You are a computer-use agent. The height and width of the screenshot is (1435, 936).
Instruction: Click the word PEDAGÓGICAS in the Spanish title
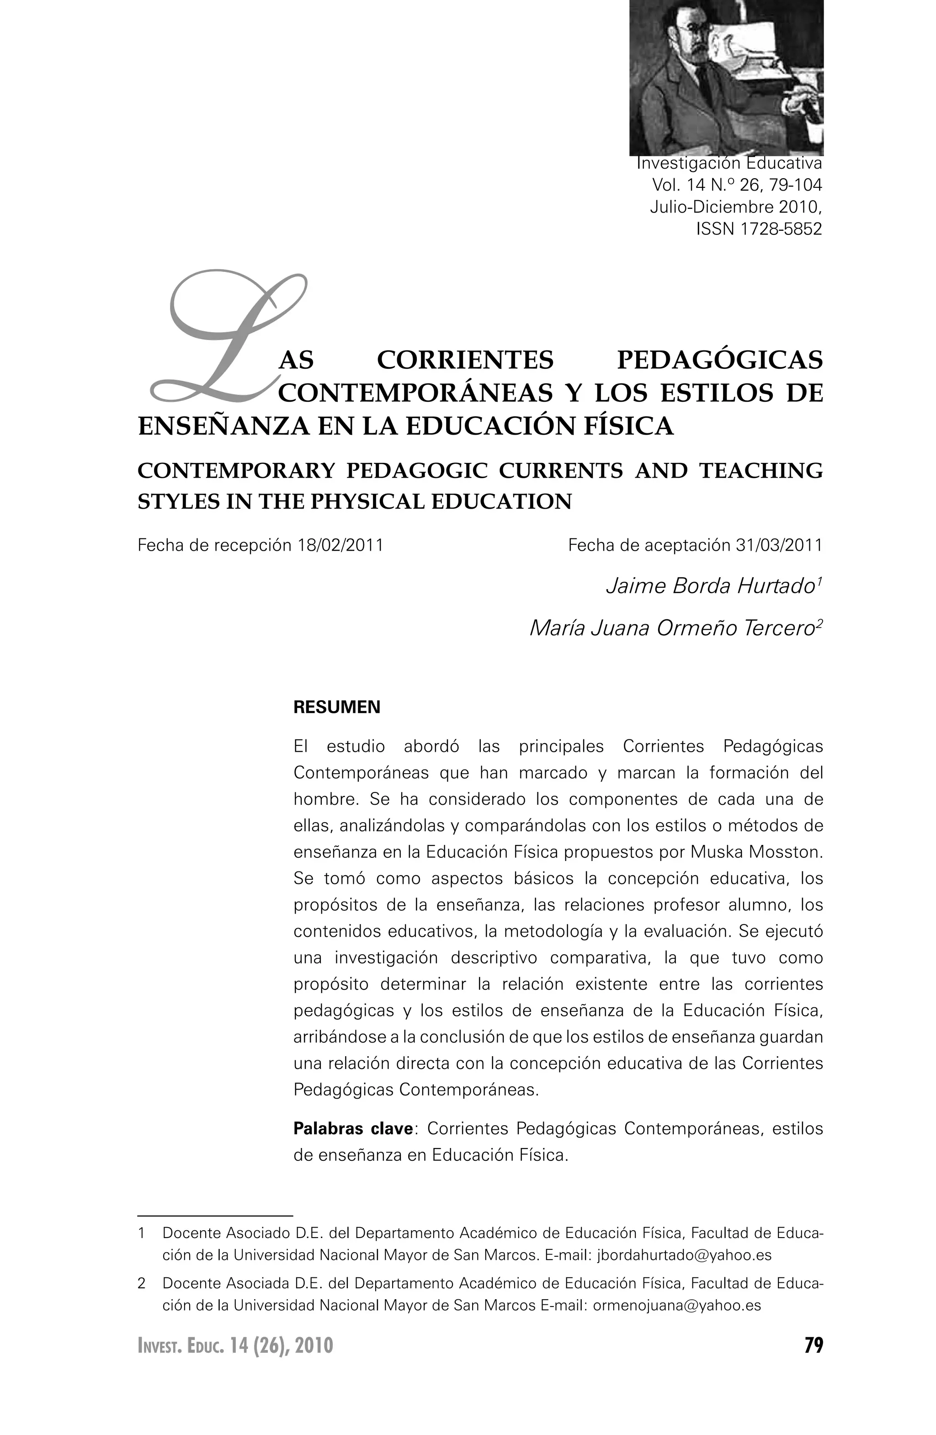pos(719,360)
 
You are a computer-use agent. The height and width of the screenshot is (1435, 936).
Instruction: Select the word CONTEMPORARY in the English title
pos(236,470)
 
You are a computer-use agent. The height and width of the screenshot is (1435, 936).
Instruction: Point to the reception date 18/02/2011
pos(341,546)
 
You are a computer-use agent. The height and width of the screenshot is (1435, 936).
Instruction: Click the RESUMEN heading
pos(336,707)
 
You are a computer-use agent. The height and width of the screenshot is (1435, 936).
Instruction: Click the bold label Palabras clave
pos(353,1128)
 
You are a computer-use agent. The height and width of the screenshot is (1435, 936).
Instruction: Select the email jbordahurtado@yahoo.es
pos(684,1255)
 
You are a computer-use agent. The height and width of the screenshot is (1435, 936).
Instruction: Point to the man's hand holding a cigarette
pos(800,96)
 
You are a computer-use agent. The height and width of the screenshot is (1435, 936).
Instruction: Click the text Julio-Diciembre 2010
pos(735,207)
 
